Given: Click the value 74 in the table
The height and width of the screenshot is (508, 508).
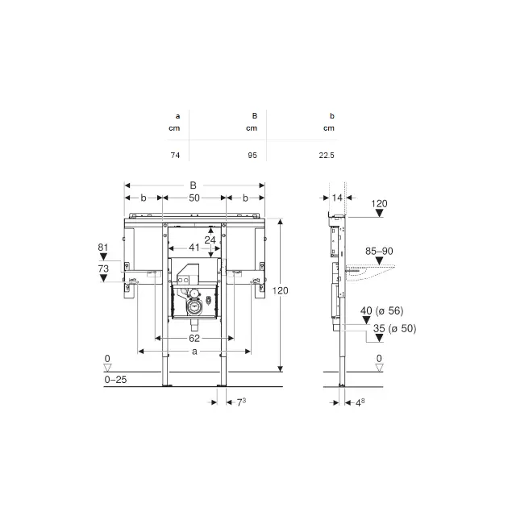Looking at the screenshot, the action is (x=175, y=156).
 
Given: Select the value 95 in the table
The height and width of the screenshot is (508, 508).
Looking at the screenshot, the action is (x=252, y=156).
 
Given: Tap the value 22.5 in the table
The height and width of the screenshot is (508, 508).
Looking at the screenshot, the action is (x=327, y=156).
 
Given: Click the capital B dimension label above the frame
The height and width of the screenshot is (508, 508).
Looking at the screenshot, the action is (x=193, y=185).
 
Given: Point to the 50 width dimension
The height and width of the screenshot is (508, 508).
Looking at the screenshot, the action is (x=194, y=198).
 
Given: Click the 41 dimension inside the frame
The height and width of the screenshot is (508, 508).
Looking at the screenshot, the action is (x=194, y=248).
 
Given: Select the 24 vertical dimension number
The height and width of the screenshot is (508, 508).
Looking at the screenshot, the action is (x=210, y=240).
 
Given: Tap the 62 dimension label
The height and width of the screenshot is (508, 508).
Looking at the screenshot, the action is (x=194, y=338).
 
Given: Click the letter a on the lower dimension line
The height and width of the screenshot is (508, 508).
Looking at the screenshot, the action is (x=194, y=352).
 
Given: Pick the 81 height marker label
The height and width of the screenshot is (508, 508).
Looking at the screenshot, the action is (x=103, y=248).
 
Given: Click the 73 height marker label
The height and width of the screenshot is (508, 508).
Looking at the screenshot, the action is (x=103, y=269).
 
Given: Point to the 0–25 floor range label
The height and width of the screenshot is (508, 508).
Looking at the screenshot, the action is (x=115, y=380).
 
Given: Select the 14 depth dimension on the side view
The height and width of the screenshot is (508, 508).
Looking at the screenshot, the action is (x=337, y=198).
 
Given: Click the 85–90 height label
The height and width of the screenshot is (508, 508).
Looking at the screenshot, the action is (x=379, y=251).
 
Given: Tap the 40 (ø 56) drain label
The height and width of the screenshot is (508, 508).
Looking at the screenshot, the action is (x=382, y=311).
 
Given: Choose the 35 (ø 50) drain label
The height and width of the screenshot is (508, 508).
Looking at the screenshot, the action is (x=394, y=328).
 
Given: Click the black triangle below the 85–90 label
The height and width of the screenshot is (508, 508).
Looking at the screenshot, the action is (x=379, y=260).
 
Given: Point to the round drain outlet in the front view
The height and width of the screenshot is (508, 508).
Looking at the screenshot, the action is (x=194, y=306).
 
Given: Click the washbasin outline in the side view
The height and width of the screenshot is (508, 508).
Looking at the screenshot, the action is (x=371, y=273).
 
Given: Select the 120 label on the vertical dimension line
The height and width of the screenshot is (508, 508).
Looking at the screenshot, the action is (x=280, y=290).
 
